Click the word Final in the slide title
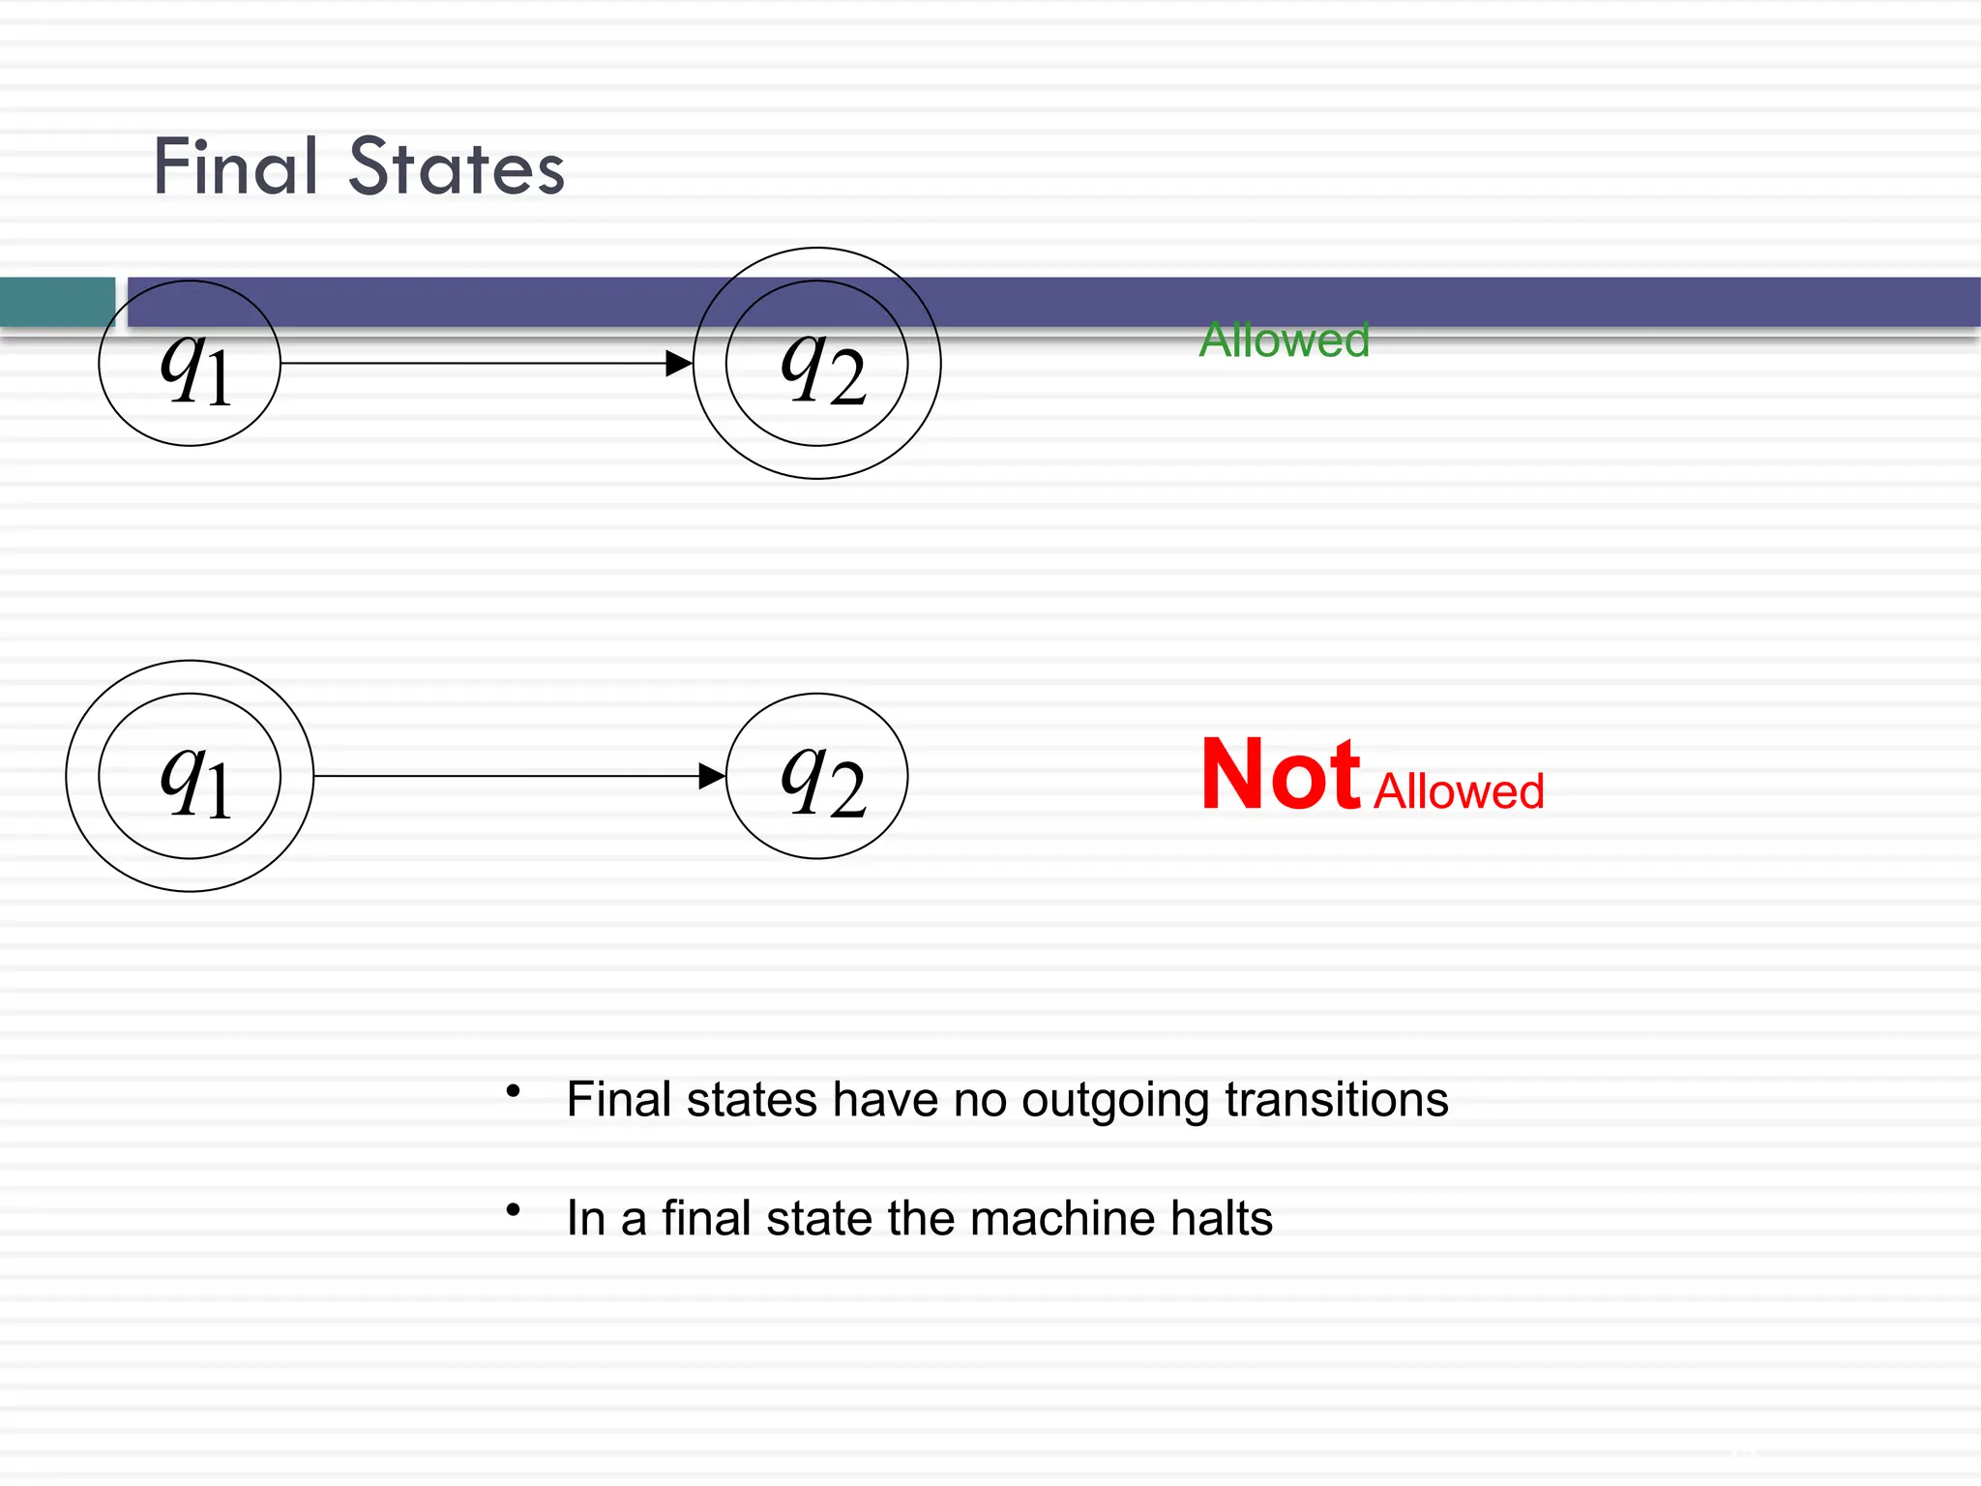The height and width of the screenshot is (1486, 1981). (x=235, y=167)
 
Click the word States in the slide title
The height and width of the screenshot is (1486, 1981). (x=456, y=167)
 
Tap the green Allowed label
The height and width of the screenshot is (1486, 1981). (x=1284, y=341)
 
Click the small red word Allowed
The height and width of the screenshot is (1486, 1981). (x=1459, y=791)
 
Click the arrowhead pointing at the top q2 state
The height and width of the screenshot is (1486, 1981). (x=680, y=364)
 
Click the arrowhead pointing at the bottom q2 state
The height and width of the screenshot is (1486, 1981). (x=712, y=776)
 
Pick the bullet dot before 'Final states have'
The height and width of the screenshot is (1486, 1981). (x=513, y=1091)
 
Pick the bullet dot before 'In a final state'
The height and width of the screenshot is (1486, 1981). (x=513, y=1209)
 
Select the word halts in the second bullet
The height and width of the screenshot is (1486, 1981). (x=1221, y=1218)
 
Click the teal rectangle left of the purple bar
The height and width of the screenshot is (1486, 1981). (x=57, y=302)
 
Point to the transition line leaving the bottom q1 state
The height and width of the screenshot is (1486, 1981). (x=503, y=776)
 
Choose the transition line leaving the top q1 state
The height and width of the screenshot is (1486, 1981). (x=474, y=364)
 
